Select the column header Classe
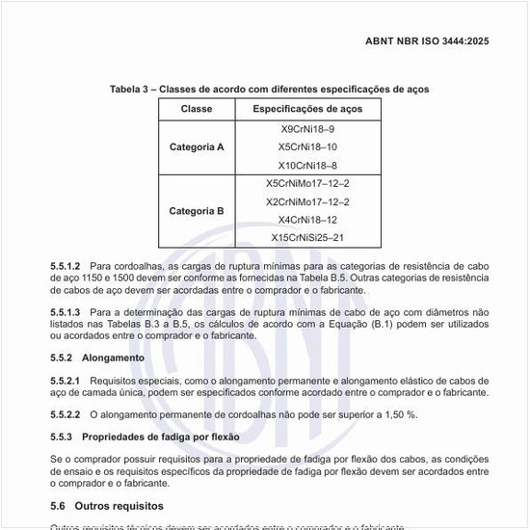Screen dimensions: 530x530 tap(197, 109)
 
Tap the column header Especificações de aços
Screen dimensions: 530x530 tap(307, 109)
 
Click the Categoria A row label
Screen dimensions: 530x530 tap(197, 147)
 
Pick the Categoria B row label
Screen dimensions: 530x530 tap(197, 210)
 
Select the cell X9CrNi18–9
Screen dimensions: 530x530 tap(307, 129)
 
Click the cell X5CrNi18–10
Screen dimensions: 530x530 tap(307, 146)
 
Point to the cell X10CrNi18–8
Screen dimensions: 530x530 tap(307, 165)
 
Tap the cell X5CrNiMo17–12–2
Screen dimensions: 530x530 tap(307, 183)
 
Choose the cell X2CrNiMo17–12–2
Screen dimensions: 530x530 tap(307, 201)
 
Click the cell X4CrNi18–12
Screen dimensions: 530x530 tap(307, 220)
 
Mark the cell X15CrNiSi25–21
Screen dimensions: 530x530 tap(307, 237)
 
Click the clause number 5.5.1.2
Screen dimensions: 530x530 tap(66, 265)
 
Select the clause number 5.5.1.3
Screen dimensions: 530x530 tap(66, 312)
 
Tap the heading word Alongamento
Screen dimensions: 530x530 tap(113, 358)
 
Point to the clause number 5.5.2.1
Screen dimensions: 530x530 tap(66, 381)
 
